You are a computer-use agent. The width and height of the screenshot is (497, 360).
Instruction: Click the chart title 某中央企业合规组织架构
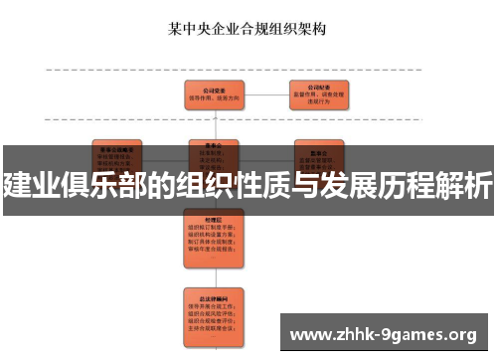pos(248,30)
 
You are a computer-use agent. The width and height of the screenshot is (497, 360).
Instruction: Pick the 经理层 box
pos(213,235)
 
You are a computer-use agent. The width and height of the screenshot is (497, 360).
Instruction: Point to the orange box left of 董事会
pos(117,153)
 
